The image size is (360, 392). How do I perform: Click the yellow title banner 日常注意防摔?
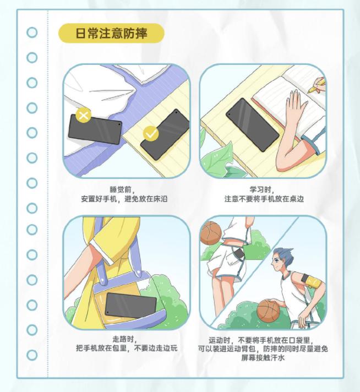111,33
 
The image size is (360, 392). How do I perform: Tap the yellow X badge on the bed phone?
84,115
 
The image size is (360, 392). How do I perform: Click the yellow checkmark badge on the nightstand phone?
151,133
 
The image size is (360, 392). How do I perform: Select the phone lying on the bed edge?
95,129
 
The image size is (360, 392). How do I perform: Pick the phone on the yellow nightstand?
165,134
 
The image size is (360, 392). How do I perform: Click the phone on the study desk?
252,125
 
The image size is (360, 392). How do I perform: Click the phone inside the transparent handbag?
130,306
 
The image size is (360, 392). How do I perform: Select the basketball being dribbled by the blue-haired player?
269,311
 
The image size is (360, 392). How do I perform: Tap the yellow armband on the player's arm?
313,281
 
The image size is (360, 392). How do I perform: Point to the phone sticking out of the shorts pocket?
239,254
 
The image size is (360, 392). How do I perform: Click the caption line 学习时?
262,189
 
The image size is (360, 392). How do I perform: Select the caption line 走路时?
125,339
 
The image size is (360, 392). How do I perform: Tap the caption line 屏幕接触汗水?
263,358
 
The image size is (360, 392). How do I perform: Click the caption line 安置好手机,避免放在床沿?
124,199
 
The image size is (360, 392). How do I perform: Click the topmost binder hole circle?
32,32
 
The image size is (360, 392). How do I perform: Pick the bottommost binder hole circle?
32,355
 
